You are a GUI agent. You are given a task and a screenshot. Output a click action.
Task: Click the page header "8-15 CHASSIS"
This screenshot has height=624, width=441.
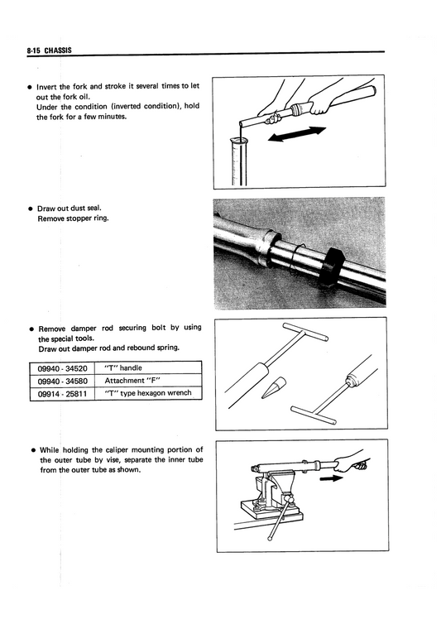tap(49, 50)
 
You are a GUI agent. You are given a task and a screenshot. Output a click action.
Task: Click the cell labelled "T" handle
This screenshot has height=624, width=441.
tap(124, 367)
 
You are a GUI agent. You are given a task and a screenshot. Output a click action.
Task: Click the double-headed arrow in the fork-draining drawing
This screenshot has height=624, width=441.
tap(297, 133)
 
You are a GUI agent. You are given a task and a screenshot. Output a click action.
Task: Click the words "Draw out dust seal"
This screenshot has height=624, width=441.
tap(70, 208)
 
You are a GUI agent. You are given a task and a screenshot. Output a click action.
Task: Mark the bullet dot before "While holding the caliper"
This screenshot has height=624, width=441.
tap(31, 450)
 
